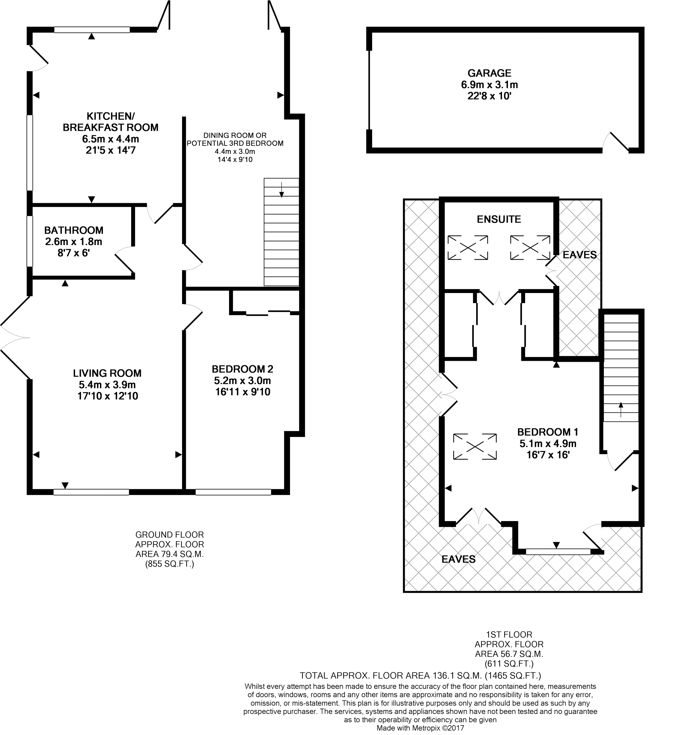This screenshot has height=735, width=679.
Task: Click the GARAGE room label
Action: coord(490,73)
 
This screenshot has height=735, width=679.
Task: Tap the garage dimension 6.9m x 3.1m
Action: coord(490,85)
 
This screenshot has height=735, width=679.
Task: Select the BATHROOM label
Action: coord(73,230)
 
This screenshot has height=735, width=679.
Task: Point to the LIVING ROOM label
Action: coord(107,374)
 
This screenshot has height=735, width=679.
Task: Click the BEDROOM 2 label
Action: coord(242,369)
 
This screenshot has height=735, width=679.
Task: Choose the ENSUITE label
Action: coord(499,219)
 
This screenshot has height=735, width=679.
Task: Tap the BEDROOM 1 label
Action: coord(548,432)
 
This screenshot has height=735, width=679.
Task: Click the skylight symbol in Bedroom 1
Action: coord(475,447)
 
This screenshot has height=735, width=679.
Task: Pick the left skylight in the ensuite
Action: coord(468,248)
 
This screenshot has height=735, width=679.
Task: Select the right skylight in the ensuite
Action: coord(530,248)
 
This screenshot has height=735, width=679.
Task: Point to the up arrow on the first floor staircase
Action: coord(621,410)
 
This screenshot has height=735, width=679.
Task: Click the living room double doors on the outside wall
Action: coord(15,337)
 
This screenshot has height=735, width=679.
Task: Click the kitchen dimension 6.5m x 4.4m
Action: coord(111,139)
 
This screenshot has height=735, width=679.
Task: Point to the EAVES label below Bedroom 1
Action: coord(459,559)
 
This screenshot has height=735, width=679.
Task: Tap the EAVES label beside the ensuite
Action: coord(580,255)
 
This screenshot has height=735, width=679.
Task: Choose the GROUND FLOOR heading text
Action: coord(169,535)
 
